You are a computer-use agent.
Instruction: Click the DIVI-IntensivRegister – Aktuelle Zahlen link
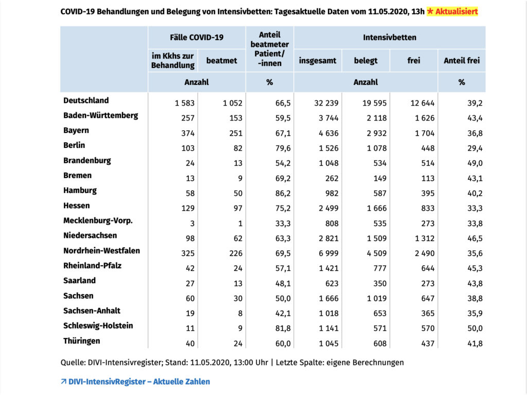(x=135, y=382)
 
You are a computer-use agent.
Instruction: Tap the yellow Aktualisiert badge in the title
(x=452, y=11)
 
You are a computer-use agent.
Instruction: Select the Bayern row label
(x=76, y=130)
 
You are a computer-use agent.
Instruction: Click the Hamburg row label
(x=80, y=191)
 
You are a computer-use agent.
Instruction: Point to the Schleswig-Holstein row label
(x=98, y=325)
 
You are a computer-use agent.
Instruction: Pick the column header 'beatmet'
(x=221, y=61)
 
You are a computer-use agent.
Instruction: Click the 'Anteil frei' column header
(x=462, y=61)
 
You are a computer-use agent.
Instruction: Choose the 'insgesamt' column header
(x=318, y=61)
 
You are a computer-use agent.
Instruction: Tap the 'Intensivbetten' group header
(x=390, y=38)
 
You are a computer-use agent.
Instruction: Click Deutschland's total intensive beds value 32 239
(x=326, y=103)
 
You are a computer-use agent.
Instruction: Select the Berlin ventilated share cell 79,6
(x=283, y=148)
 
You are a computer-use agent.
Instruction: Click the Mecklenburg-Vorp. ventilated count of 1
(x=240, y=224)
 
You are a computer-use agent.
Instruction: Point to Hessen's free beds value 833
(x=428, y=208)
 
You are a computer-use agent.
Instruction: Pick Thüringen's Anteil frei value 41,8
(x=475, y=344)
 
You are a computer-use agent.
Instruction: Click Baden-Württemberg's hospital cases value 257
(x=187, y=118)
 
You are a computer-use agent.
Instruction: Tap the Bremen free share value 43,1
(x=475, y=178)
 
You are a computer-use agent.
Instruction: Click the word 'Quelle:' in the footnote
(x=73, y=363)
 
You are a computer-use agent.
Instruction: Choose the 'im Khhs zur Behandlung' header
(x=173, y=61)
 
